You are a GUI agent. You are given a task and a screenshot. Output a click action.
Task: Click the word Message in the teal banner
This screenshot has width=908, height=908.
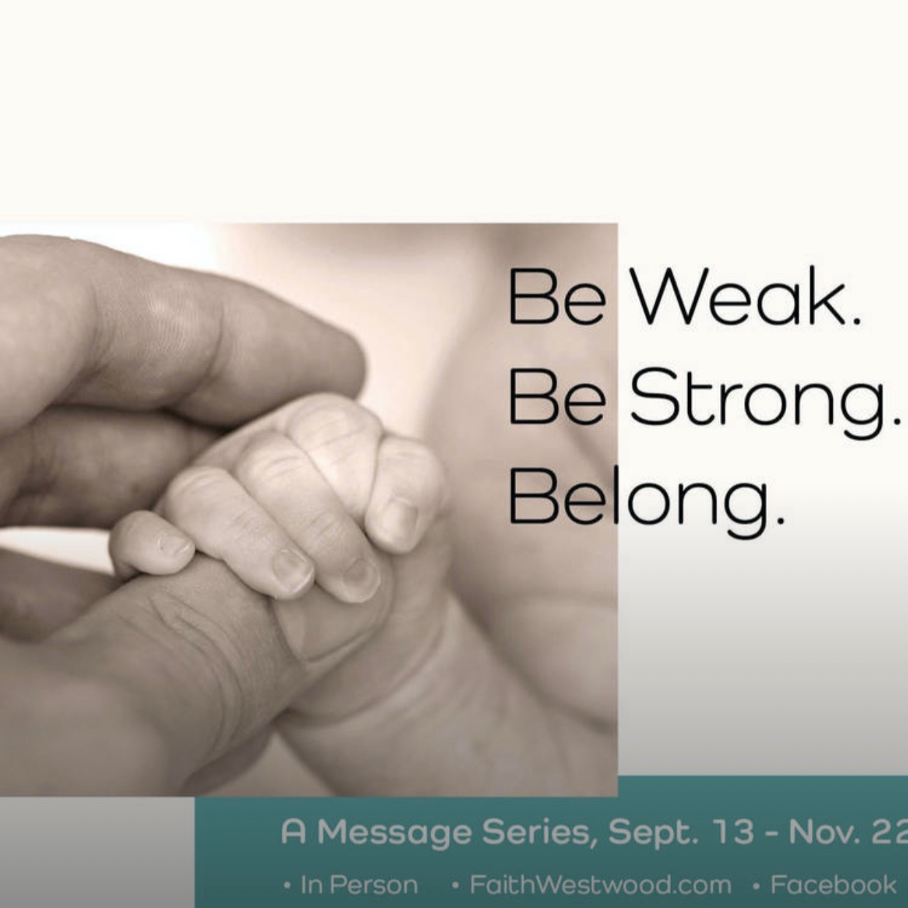(394, 832)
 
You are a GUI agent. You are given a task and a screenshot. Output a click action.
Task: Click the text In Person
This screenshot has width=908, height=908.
(359, 885)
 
